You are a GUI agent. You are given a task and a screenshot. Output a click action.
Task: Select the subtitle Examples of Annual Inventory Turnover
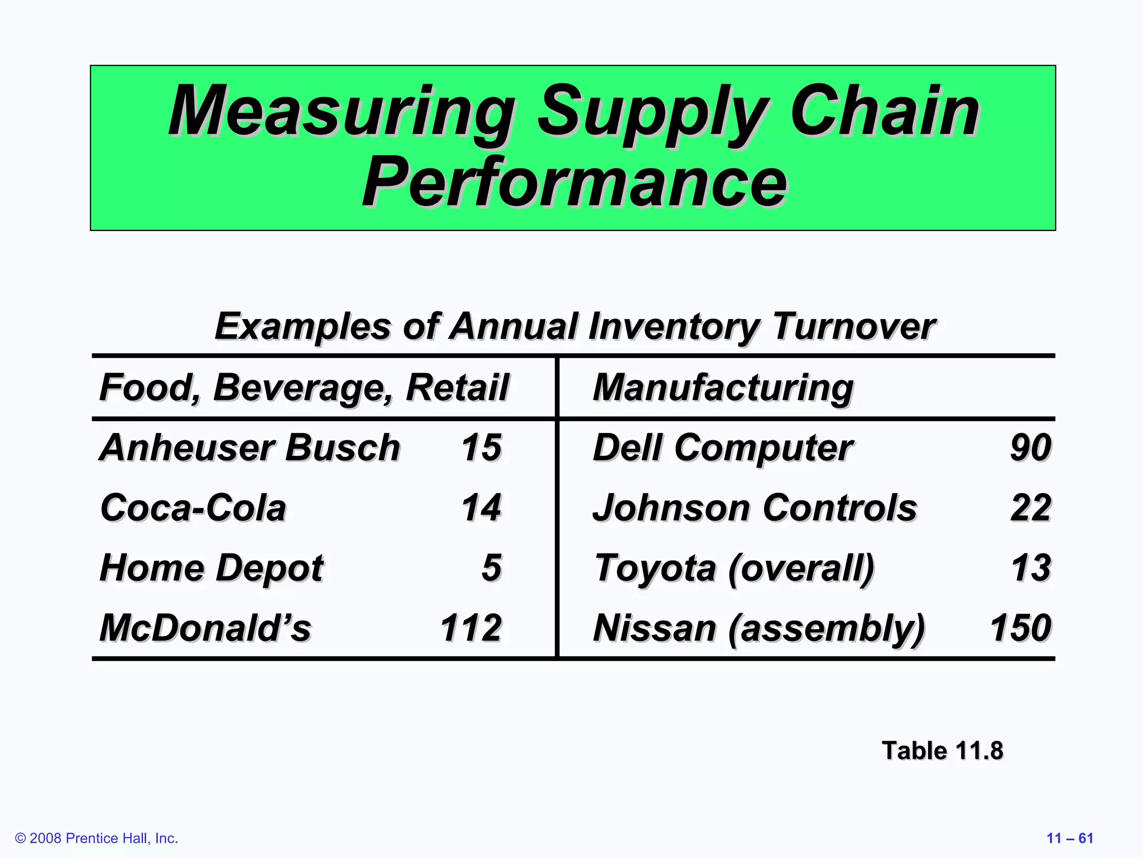[575, 326]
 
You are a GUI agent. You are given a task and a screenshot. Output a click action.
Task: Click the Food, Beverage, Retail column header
[304, 387]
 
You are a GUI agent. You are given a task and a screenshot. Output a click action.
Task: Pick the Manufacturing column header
[723, 387]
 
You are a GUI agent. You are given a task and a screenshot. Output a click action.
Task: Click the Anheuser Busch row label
[249, 447]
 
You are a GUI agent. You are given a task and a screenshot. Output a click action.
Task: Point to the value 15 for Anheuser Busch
[481, 447]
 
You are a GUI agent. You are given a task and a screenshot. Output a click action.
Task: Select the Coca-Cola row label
[193, 508]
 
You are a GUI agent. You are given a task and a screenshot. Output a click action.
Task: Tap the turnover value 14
[481, 508]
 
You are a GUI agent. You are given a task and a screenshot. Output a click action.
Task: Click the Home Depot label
[212, 568]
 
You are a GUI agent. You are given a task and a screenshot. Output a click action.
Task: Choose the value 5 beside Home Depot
[491, 568]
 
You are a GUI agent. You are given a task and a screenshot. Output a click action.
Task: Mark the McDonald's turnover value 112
[471, 628]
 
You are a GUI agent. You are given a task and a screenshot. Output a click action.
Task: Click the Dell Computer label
[722, 447]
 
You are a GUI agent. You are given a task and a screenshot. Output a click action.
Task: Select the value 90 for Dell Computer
[1030, 447]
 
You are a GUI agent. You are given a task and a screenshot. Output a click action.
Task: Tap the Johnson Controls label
[755, 508]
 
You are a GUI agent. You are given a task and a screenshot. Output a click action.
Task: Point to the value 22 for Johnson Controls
[1030, 508]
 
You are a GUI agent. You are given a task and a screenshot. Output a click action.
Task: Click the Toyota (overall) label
[734, 568]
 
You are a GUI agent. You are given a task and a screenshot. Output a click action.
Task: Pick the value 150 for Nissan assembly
[1020, 628]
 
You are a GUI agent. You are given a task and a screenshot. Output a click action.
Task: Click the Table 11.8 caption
[942, 750]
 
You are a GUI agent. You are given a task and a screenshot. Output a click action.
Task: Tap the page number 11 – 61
[1069, 838]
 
